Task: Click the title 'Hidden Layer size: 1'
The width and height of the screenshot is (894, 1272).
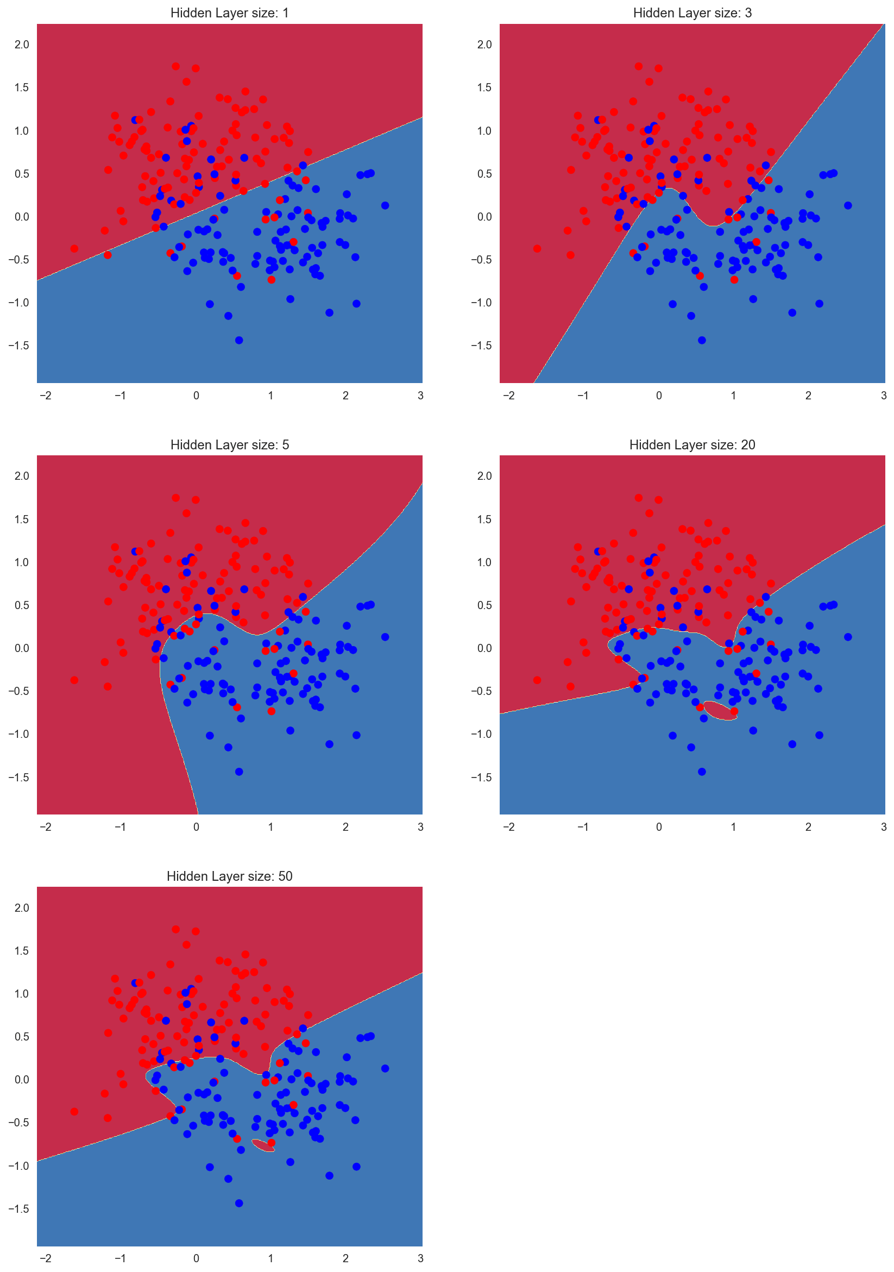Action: coord(229,12)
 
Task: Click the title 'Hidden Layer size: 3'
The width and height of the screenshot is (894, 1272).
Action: coord(692,12)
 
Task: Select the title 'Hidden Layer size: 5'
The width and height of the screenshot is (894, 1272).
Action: coord(229,444)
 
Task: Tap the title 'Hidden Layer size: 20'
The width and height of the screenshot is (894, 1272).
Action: coord(692,444)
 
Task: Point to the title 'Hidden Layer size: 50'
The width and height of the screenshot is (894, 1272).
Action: coord(229,876)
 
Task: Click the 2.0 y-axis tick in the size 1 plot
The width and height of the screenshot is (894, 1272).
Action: coord(22,45)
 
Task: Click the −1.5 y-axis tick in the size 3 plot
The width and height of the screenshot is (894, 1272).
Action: coord(481,346)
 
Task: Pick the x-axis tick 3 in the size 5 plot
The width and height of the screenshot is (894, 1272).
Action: coord(420,826)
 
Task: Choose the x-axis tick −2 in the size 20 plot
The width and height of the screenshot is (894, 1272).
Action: coord(508,826)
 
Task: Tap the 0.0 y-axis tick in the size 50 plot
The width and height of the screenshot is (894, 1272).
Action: coord(22,1079)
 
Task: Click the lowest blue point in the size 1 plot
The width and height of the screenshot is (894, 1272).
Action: coord(239,340)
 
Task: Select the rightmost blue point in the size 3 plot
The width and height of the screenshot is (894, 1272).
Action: coord(847,205)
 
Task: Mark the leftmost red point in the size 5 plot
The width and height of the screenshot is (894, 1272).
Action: coord(74,680)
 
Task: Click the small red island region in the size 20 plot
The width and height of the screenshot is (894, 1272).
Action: coord(721,710)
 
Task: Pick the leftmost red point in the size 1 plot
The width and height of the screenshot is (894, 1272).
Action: coord(74,248)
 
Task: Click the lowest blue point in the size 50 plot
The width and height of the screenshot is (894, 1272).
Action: coord(239,1204)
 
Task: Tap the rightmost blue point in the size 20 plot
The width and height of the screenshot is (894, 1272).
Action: coord(847,637)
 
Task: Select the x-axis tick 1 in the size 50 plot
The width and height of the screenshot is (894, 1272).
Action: coord(271,1258)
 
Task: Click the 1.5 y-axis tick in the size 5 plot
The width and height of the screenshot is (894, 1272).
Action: coord(22,519)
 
